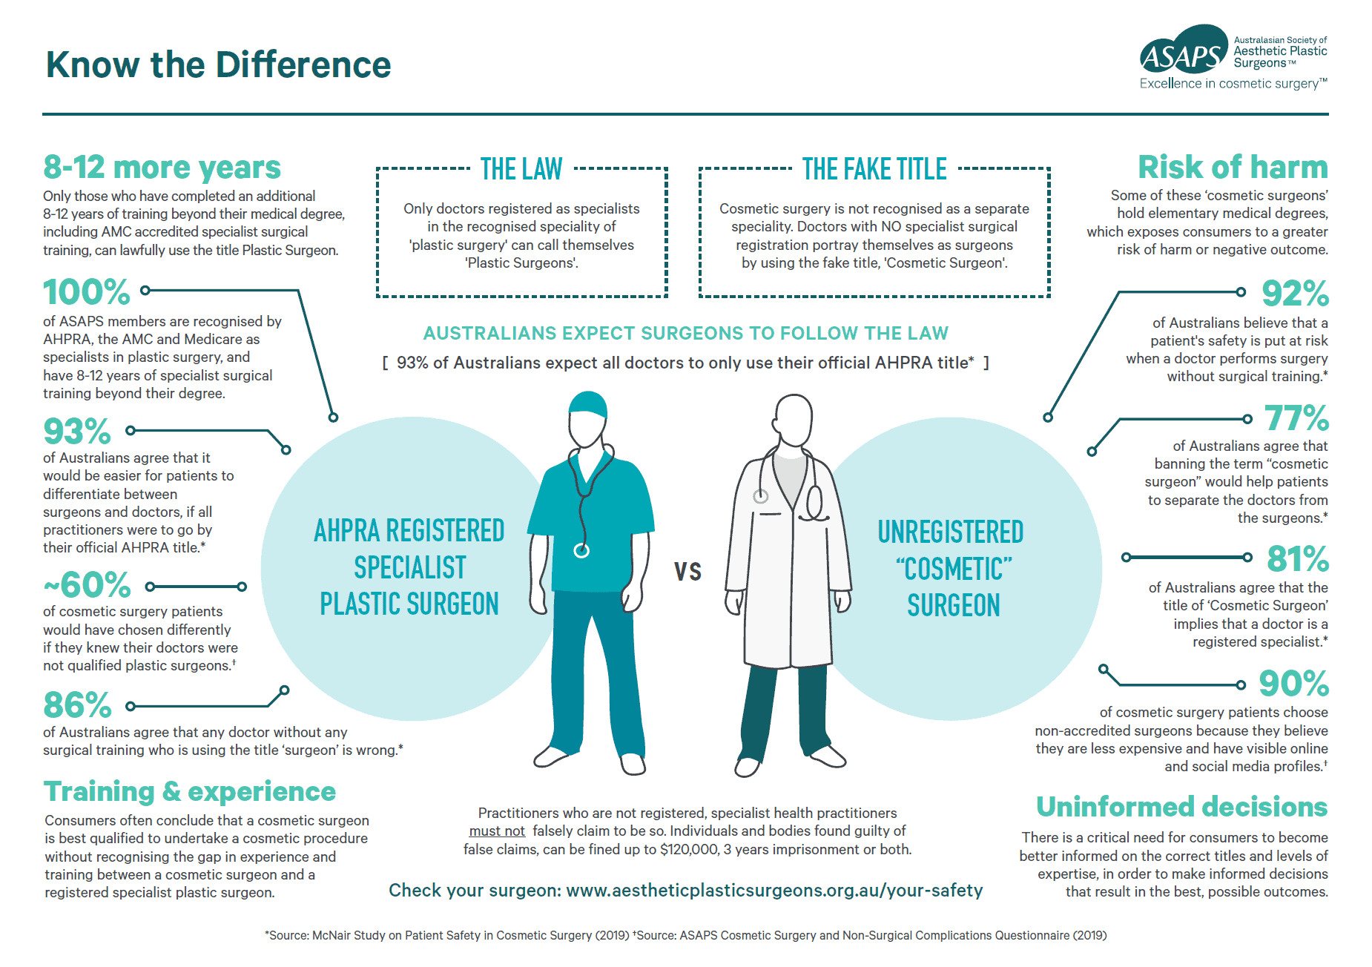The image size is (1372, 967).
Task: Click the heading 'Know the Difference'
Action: point(218,65)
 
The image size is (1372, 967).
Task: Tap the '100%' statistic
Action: point(87,291)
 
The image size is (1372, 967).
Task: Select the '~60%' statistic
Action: point(88,585)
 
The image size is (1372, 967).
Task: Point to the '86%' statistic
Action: point(77,705)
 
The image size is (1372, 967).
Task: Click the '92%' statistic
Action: point(1295,293)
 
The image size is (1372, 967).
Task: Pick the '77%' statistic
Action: point(1296,418)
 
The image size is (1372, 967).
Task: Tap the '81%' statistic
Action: point(1298,559)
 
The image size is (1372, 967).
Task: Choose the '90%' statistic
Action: point(1293,684)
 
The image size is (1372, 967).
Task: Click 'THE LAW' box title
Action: point(521,169)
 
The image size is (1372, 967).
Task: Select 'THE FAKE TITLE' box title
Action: point(874,169)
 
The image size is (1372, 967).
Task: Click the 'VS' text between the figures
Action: point(688,571)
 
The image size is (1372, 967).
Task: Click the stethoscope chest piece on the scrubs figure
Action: point(581,550)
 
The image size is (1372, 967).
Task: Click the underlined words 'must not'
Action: point(497,831)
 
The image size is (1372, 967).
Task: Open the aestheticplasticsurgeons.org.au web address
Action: point(774,891)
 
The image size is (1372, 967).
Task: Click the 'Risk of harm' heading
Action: point(1233,167)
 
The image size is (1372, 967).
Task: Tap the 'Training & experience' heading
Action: point(190,792)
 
